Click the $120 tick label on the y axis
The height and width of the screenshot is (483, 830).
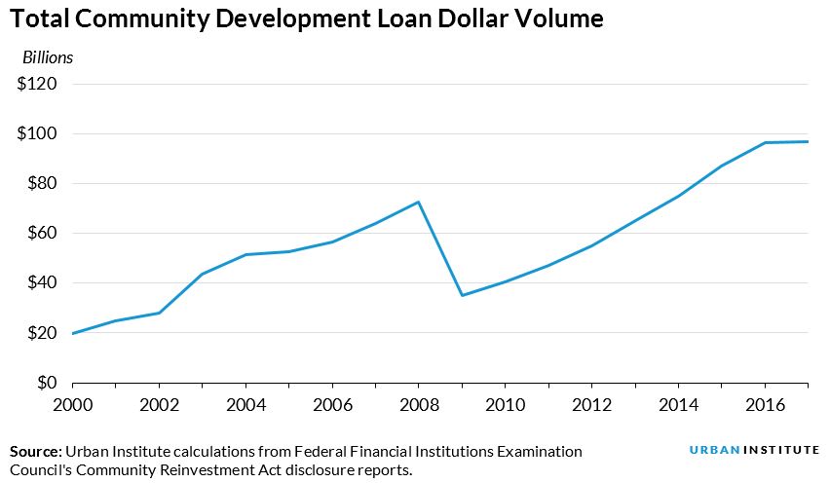click(x=38, y=84)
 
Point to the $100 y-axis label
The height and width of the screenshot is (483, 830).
click(x=38, y=133)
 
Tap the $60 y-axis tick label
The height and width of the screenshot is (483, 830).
click(x=42, y=233)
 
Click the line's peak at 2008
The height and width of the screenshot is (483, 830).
click(x=418, y=202)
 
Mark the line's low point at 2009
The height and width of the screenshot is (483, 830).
click(x=462, y=295)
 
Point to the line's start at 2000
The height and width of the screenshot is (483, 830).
click(x=73, y=333)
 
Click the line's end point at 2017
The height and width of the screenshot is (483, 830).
click(x=808, y=142)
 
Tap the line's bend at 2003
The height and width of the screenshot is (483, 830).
click(x=202, y=274)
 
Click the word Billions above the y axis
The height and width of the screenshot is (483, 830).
click(x=48, y=57)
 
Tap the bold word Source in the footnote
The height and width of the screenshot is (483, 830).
click(x=34, y=452)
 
